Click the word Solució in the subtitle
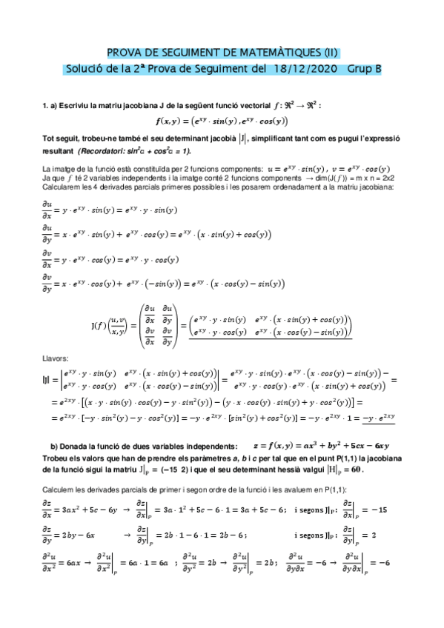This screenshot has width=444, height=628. click(82, 69)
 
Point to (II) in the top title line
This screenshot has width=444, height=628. click(331, 53)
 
